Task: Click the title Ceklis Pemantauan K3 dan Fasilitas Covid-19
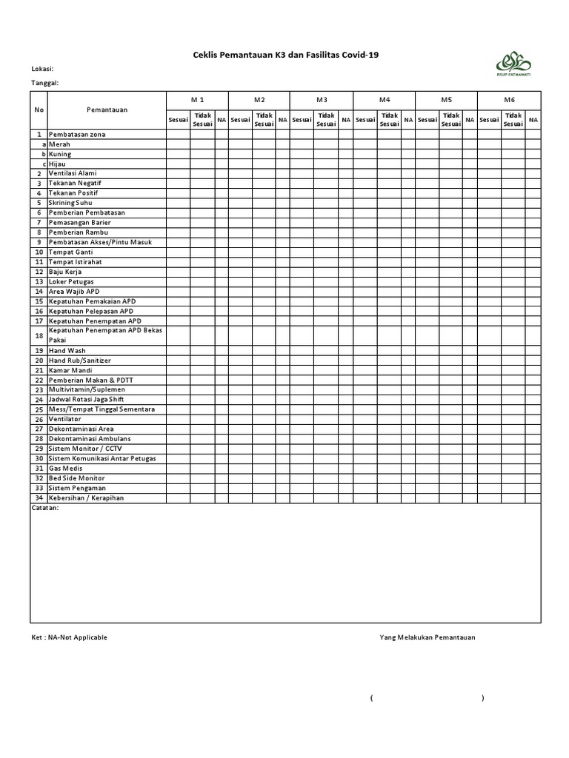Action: point(280,54)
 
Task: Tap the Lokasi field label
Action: point(42,69)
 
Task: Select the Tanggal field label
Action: point(44,83)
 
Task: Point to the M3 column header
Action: point(322,99)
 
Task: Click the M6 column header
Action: point(509,99)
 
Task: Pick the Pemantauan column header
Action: point(107,110)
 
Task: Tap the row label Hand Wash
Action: point(67,350)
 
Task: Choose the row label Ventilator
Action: point(66,419)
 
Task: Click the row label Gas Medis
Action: point(65,469)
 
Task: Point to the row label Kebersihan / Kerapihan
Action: point(86,498)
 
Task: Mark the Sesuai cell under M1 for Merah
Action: point(178,144)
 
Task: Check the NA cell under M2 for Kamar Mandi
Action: point(282,370)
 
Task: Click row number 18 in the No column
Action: point(39,335)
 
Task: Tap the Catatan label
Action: point(45,509)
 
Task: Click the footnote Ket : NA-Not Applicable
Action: point(68,637)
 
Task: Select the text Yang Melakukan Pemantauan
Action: point(427,637)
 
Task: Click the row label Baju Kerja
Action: point(64,272)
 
